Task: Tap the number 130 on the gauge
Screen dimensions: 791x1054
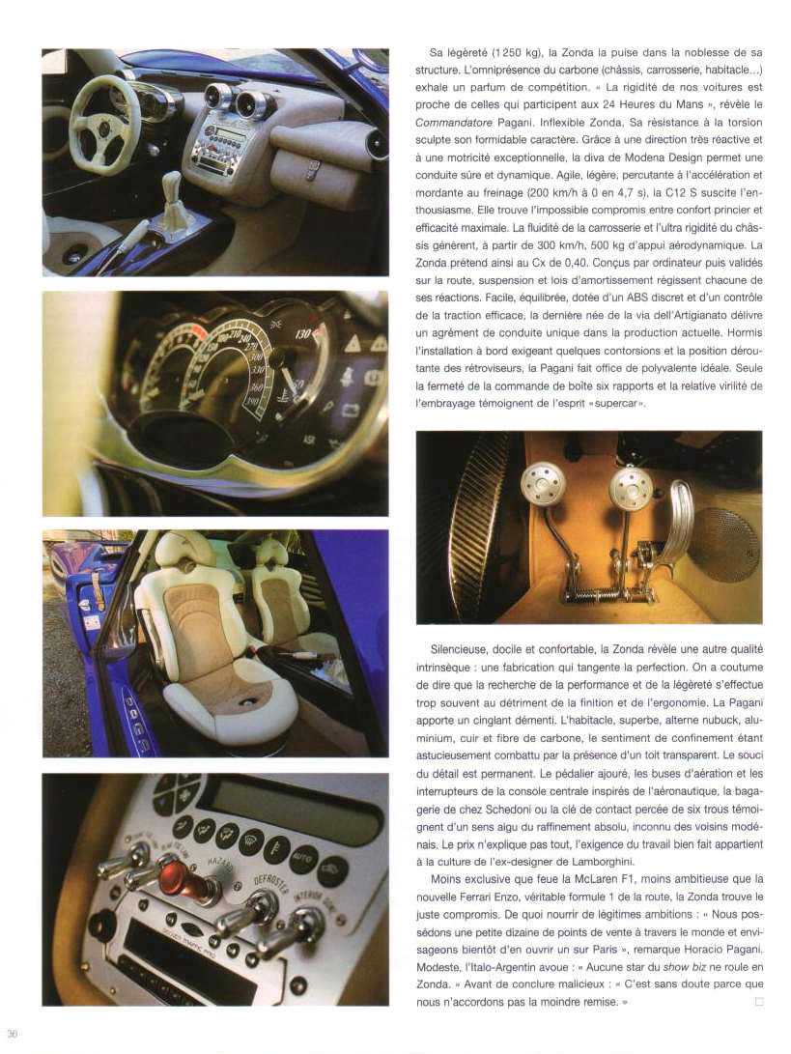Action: [x=303, y=333]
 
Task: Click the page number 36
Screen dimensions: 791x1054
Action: [x=12, y=1033]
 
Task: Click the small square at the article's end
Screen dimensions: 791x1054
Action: [x=759, y=1001]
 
